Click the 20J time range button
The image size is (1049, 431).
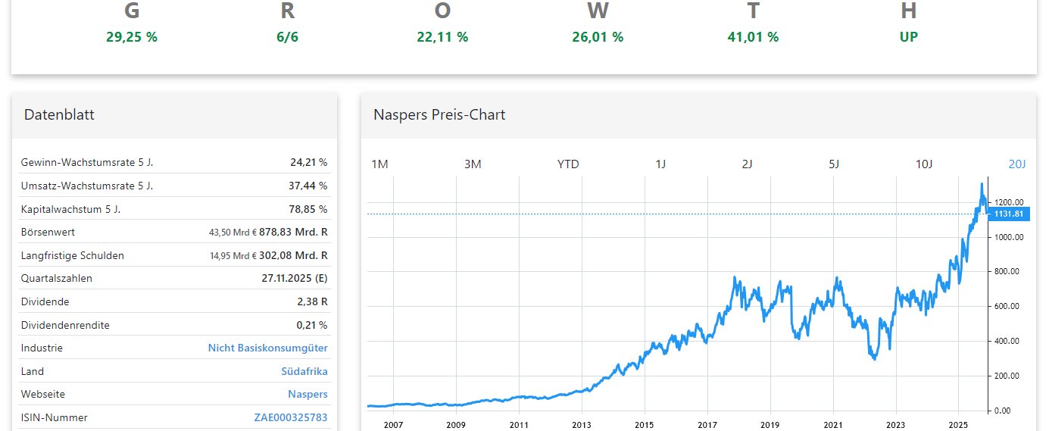point(1016,164)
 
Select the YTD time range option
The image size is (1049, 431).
point(568,164)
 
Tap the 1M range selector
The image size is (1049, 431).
point(379,164)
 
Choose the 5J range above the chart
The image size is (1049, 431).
point(834,164)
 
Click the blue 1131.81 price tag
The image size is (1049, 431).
point(1008,214)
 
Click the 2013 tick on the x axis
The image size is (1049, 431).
point(581,425)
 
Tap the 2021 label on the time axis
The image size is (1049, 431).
point(833,425)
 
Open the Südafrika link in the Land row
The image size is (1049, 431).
point(304,371)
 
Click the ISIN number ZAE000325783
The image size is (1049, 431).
point(291,417)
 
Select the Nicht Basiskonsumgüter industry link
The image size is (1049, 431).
point(268,348)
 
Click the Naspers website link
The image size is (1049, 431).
point(308,394)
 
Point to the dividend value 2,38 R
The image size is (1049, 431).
point(312,301)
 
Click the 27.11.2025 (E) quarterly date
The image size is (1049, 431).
point(295,278)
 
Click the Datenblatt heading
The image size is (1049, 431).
point(59,115)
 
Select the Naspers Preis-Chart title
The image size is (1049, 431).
point(439,115)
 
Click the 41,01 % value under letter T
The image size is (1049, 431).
point(753,37)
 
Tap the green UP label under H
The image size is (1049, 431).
point(909,37)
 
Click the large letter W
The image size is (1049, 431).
point(598,11)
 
